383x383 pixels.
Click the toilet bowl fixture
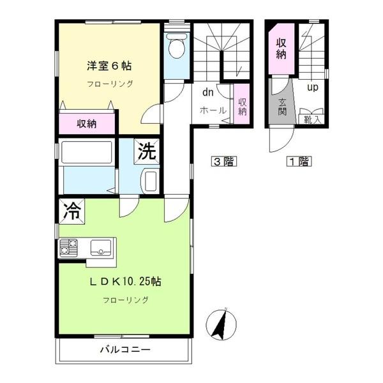click(x=177, y=46)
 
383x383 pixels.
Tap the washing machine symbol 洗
click(x=147, y=151)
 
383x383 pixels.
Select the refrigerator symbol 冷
click(x=71, y=211)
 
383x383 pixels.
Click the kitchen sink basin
click(x=101, y=248)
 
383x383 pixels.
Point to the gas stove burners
click(x=68, y=248)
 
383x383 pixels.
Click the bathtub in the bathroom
click(x=87, y=153)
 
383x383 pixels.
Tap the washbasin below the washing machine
click(x=149, y=181)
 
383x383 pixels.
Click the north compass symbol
click(x=222, y=324)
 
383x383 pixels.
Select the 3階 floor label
click(x=224, y=161)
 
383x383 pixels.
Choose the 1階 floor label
click(x=299, y=161)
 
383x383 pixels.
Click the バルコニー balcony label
click(x=125, y=350)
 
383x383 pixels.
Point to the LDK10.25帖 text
click(x=125, y=282)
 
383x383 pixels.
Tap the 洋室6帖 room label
click(x=109, y=66)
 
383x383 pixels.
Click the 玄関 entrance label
click(x=282, y=107)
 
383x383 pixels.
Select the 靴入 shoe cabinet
click(x=312, y=119)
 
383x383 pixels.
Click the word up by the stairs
click(x=312, y=87)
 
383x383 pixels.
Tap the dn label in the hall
click(x=208, y=93)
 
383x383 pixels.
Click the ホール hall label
click(x=213, y=110)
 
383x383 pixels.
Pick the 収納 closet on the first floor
click(x=281, y=49)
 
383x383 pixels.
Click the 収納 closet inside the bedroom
click(x=87, y=124)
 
